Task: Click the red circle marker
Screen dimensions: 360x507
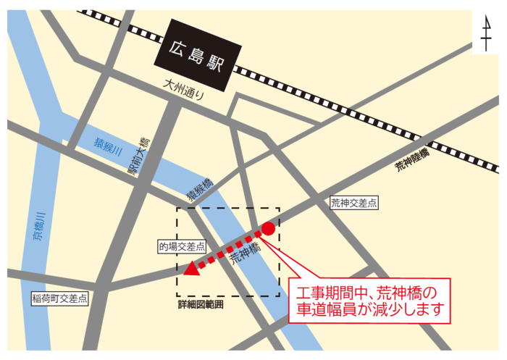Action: (x=267, y=229)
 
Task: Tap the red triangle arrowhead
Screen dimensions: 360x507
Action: (x=191, y=269)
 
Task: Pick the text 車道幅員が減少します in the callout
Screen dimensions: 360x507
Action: (x=369, y=312)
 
